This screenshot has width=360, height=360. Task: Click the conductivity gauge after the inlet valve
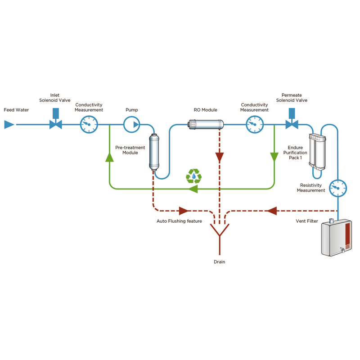(x=89, y=124)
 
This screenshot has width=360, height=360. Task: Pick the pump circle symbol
(x=132, y=124)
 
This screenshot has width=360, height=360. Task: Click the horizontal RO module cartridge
(x=206, y=123)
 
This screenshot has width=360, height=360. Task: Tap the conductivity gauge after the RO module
(x=254, y=124)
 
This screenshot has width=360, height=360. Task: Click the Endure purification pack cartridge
(x=318, y=152)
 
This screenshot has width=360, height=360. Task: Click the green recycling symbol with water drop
(x=194, y=175)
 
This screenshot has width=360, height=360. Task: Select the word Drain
(x=219, y=262)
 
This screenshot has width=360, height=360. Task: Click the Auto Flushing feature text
(x=179, y=221)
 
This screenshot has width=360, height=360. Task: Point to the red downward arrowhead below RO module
(x=219, y=157)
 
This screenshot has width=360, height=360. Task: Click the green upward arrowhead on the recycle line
(x=109, y=156)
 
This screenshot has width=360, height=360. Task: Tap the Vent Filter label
(x=307, y=221)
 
